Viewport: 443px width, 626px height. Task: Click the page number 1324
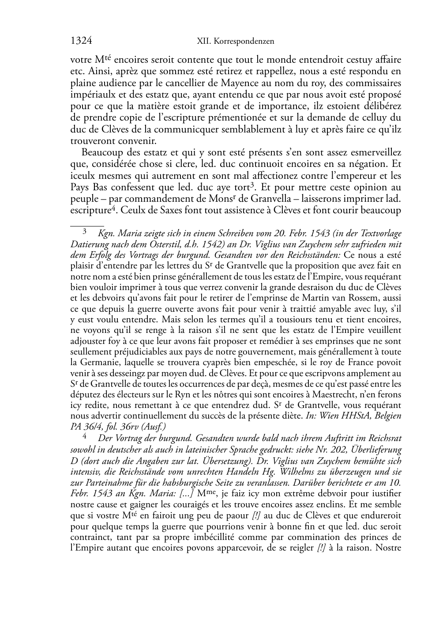tap(81, 41)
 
